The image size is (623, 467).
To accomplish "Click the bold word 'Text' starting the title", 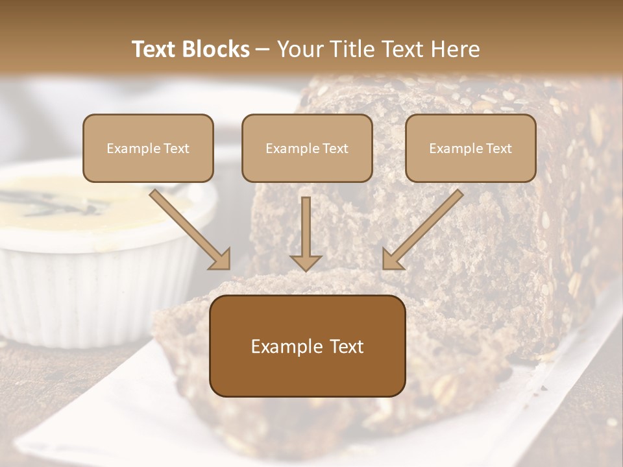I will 154,49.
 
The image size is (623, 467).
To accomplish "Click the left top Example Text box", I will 148,148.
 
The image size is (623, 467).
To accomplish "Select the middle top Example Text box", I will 307,148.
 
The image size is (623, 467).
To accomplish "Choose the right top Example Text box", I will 470,148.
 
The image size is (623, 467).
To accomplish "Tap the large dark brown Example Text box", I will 307,346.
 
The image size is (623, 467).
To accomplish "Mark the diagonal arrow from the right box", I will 423,229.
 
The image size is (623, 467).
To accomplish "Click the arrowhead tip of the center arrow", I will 306,269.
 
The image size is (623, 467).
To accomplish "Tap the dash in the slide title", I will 263,50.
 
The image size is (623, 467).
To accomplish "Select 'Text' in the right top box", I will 498,149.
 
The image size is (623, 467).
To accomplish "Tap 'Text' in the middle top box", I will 335,149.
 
